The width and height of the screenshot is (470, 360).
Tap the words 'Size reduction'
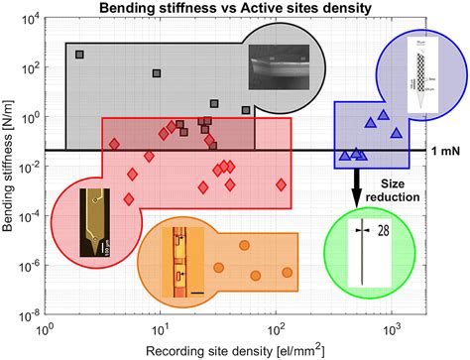(404, 189)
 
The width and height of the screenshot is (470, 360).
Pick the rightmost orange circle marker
(287, 272)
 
